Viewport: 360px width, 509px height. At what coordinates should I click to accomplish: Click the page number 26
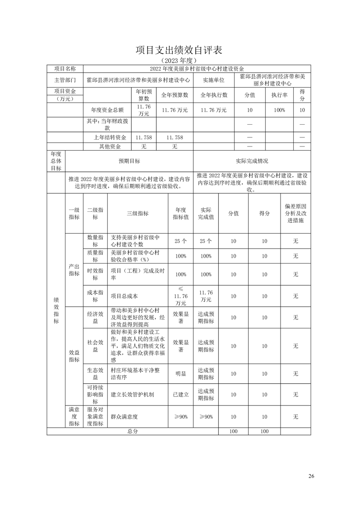tap(311, 476)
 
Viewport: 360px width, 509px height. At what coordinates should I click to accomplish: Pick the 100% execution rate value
tap(280, 110)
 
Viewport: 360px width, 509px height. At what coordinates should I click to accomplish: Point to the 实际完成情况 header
tap(252, 161)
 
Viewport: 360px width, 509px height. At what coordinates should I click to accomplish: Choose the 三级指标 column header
tap(138, 214)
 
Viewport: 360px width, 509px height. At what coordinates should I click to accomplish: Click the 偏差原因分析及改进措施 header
tap(296, 214)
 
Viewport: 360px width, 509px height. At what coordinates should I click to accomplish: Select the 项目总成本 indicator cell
tap(126, 296)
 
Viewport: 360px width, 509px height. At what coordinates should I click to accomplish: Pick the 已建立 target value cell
tap(181, 395)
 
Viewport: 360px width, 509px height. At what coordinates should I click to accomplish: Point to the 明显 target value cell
tap(181, 374)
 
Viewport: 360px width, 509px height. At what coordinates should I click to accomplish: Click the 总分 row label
tap(133, 431)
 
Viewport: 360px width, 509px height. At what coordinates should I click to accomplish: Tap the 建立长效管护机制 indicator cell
tap(133, 395)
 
